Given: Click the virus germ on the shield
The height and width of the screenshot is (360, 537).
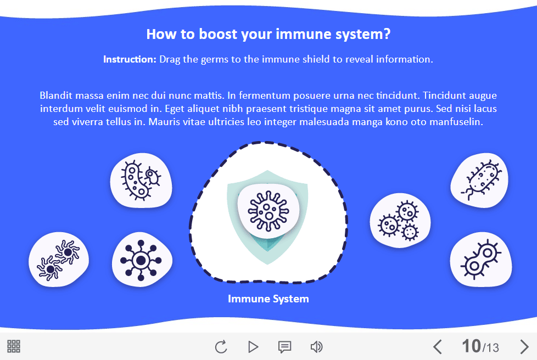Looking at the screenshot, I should point(268,208).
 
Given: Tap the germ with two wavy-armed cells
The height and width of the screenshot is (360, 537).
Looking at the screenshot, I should point(58,260).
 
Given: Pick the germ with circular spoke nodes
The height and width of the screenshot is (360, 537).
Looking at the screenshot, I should point(141,260).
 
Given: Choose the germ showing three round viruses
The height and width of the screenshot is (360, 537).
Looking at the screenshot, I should point(400,221).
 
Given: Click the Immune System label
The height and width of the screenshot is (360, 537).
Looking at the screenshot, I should point(268,299).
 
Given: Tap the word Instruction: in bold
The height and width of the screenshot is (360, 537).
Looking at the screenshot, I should point(130,59).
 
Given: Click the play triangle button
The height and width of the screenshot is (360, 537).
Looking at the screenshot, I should point(253,347).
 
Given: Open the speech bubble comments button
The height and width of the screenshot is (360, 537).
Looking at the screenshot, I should point(284,347).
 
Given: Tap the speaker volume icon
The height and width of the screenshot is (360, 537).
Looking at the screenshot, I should point(316,347).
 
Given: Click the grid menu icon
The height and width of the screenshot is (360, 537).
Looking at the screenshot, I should point(14,346).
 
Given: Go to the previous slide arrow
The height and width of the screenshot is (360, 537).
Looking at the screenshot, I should point(437,347).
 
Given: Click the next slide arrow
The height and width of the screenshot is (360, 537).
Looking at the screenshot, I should point(524,347).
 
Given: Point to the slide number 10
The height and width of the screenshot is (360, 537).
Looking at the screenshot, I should point(471,346).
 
